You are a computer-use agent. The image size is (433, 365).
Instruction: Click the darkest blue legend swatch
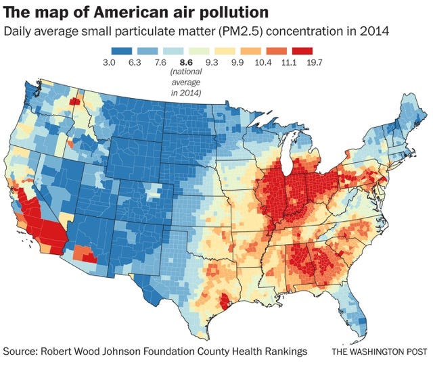point(122,51)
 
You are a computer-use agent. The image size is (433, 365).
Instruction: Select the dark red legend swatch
point(302,51)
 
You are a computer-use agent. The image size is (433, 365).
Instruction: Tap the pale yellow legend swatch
point(225,51)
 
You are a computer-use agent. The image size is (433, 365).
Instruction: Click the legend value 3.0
point(109,62)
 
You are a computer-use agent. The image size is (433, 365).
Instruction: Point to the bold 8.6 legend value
point(186,62)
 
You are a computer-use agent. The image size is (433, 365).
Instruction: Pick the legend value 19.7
point(315,62)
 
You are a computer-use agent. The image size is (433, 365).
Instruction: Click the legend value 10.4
point(263,62)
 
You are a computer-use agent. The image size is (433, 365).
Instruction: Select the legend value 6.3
point(135,62)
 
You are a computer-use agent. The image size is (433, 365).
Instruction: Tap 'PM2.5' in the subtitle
point(240,32)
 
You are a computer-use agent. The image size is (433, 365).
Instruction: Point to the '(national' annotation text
point(186,72)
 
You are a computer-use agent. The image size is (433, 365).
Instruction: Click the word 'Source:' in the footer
point(20,351)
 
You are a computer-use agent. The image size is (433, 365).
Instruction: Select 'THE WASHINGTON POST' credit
point(380,351)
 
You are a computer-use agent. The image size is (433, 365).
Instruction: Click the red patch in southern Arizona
point(89,259)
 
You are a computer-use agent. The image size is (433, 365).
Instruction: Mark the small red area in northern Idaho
point(74,101)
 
